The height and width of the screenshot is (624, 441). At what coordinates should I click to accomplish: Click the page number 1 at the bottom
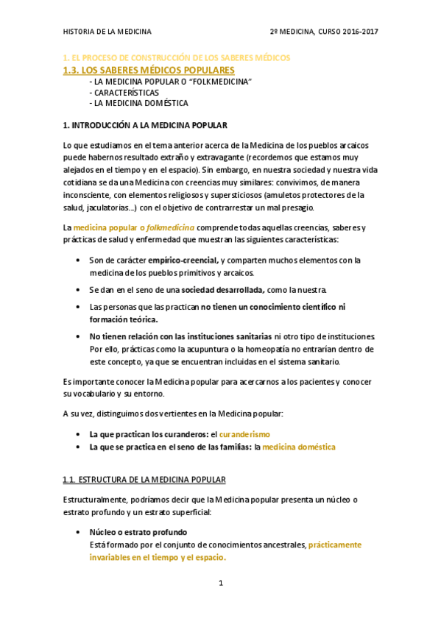click(220, 583)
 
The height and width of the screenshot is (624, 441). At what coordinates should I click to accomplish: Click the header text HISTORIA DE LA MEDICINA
click(107, 32)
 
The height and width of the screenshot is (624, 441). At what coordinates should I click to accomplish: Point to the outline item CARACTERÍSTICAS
click(125, 93)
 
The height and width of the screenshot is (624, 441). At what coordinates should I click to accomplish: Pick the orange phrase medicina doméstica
click(299, 447)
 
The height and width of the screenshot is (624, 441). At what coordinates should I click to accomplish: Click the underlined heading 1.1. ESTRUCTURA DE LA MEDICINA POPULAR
click(144, 480)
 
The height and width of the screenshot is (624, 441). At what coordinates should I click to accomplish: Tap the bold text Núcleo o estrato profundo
click(138, 532)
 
